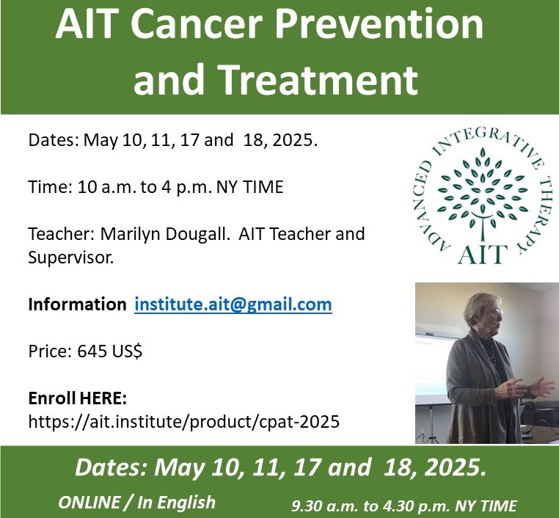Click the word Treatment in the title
[x=318, y=79]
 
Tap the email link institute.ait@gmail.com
[x=233, y=304]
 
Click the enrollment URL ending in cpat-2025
[x=183, y=422]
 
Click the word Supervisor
[x=71, y=258]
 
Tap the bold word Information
[x=77, y=304]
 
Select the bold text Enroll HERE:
[x=77, y=398]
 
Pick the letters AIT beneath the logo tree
[x=483, y=254]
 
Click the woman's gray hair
[x=478, y=307]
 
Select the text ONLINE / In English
[x=137, y=503]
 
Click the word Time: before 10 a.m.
[x=51, y=187]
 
